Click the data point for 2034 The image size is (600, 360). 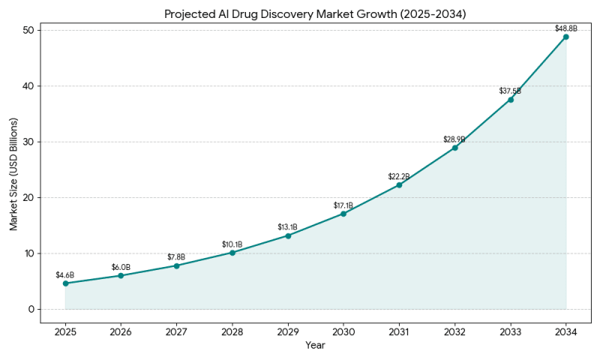tap(565, 37)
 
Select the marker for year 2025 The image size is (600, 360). tap(65, 283)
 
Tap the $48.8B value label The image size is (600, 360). tap(565, 28)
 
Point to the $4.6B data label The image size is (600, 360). tap(65, 274)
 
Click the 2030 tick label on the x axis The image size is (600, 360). tap(343, 332)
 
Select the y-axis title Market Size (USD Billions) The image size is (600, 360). tap(13, 169)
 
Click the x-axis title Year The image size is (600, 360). tap(316, 345)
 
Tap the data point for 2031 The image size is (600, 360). tap(399, 184)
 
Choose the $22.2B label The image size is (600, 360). tap(399, 176)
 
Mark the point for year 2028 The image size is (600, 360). tap(232, 253)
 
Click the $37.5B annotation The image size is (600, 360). tap(510, 91)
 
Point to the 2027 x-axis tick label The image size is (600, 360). tap(176, 332)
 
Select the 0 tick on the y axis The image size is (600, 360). tap(31, 309)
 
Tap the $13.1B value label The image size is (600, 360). tap(288, 226)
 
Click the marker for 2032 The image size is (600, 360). tap(454, 148)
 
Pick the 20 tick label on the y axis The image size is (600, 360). tap(28, 197)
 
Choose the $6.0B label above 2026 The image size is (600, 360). tap(121, 267)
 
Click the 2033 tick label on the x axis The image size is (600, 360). tap(510, 332)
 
